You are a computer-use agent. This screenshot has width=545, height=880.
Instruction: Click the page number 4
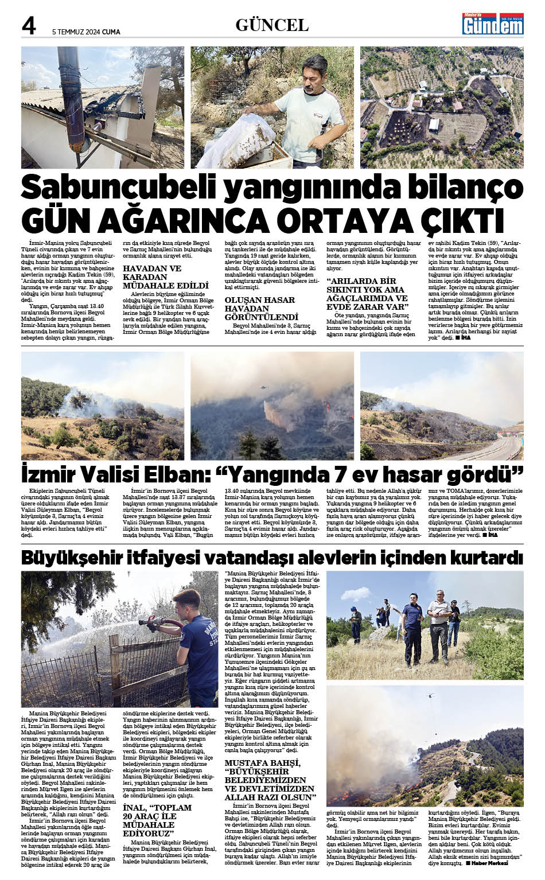pos(29,26)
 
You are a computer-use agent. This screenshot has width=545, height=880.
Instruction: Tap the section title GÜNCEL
pos(272,25)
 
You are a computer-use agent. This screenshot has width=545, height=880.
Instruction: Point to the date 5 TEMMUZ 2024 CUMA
pos(86,32)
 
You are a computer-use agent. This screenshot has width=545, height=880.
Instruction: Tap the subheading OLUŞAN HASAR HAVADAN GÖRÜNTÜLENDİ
pos(260,308)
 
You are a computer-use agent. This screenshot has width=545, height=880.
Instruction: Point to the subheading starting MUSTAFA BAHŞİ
pos(270,780)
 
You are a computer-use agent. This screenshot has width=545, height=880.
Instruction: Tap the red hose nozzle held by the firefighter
pos(155,621)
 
